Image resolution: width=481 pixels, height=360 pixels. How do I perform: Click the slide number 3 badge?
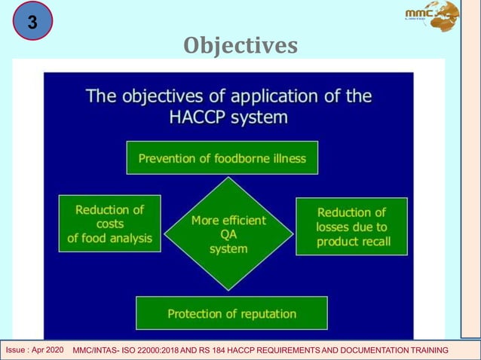tap(32, 21)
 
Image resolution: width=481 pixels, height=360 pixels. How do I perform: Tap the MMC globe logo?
tap(431, 16)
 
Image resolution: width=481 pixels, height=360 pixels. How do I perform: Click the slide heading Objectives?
tap(240, 46)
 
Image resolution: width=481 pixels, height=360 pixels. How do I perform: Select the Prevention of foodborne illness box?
tap(222, 158)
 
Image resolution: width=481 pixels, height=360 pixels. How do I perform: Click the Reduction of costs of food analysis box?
tap(109, 224)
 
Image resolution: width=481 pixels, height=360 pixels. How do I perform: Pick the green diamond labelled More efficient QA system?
tap(228, 233)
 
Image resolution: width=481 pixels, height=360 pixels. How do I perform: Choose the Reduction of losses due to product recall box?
tap(351, 227)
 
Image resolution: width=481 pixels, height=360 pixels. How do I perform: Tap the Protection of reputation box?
tap(231, 313)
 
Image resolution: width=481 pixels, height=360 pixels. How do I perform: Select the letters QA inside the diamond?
tap(228, 233)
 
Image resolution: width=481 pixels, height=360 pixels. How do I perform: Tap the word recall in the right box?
tap(370, 242)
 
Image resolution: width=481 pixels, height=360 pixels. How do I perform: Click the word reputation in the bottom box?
tap(263, 313)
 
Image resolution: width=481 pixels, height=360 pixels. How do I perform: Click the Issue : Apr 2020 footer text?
tap(35, 351)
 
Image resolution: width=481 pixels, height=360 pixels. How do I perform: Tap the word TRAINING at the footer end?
tap(424, 351)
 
